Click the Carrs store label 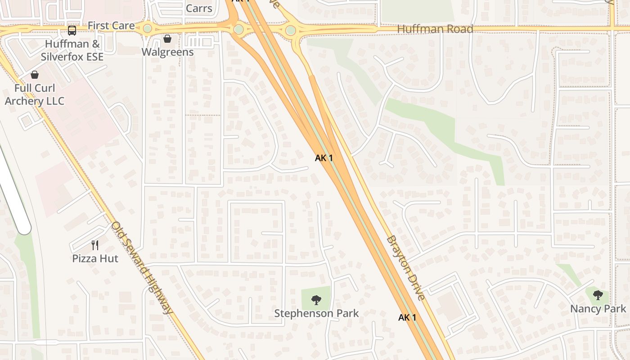tap(199, 8)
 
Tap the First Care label tap(111, 26)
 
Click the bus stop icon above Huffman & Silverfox tap(72, 31)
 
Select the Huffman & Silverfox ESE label tap(72, 50)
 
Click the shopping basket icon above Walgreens tap(167, 39)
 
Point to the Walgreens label tap(167, 52)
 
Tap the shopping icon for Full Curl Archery tap(35, 75)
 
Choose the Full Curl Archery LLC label tap(35, 94)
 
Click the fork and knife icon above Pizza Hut tap(95, 245)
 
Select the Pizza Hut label tap(95, 259)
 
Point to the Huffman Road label tap(435, 29)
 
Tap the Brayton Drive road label tap(405, 267)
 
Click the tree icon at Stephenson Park tap(316, 300)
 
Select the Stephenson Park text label tap(316, 313)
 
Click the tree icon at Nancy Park tap(598, 295)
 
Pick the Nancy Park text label tap(598, 309)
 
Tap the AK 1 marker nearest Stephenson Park tap(407, 318)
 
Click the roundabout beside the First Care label tap(148, 29)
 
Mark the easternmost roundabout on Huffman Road tap(291, 30)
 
